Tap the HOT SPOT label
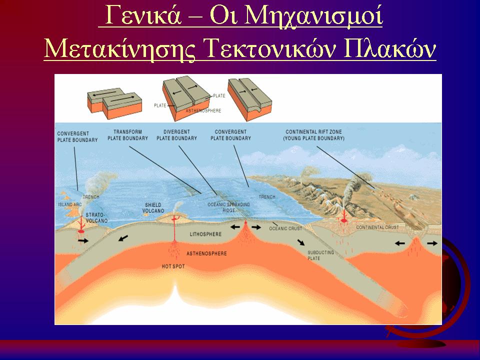(173, 266)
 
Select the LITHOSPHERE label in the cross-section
(205, 234)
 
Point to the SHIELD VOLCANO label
(153, 208)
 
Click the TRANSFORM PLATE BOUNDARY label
(127, 135)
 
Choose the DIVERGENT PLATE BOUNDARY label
(176, 135)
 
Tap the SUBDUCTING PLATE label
(320, 255)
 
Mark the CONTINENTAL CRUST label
(377, 227)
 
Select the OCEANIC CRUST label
(285, 228)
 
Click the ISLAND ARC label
(70, 204)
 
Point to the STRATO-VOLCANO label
(96, 217)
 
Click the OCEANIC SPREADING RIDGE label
(228, 207)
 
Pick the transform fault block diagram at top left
(114, 103)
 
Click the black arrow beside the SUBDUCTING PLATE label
(301, 242)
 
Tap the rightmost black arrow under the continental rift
(432, 243)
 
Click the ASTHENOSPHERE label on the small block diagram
(203, 110)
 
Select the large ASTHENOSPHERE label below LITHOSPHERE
(206, 253)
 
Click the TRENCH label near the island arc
(91, 197)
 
